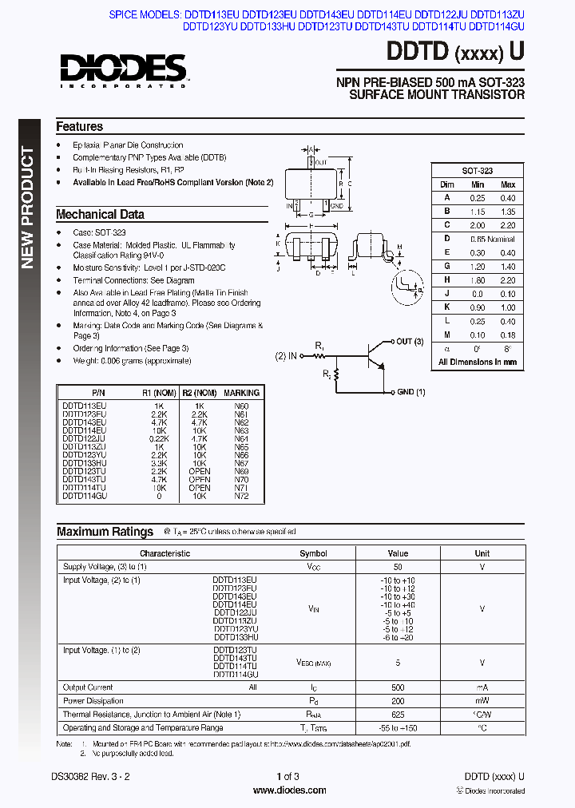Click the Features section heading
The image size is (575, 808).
click(x=79, y=126)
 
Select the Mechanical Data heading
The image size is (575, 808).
click(x=100, y=214)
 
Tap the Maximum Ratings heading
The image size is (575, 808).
click(x=105, y=532)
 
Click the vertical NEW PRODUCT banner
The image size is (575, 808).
click(x=28, y=208)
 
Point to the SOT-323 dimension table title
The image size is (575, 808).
click(x=478, y=171)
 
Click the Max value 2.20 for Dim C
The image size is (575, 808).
click(x=507, y=225)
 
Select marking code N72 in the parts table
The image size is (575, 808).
click(x=241, y=497)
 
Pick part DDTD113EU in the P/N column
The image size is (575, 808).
click(x=84, y=406)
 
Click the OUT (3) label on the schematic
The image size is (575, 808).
click(x=409, y=342)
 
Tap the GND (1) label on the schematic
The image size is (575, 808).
click(x=410, y=392)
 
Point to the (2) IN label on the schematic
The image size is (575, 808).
click(x=286, y=355)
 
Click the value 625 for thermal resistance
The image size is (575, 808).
click(x=398, y=714)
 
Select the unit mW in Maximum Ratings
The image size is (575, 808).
click(x=482, y=701)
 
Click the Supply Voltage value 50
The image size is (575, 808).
click(x=398, y=566)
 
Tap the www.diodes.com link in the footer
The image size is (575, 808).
click(x=288, y=790)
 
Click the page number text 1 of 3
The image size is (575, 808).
click(x=287, y=777)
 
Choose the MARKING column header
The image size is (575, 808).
click(x=241, y=393)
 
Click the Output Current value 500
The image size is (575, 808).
click(x=398, y=687)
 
